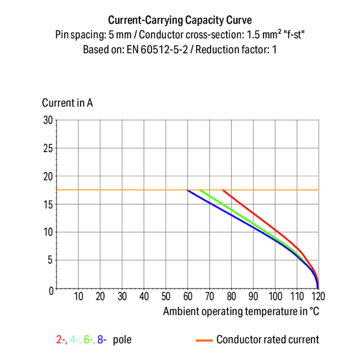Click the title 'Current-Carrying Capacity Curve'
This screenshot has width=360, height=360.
tap(180, 20)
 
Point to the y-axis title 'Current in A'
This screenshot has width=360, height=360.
tap(67, 103)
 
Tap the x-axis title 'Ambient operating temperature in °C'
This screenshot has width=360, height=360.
tap(240, 311)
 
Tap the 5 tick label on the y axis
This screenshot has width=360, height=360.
tap(49, 261)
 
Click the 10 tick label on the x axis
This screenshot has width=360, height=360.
tap(78, 297)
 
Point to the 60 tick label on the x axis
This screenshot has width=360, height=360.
tap(188, 297)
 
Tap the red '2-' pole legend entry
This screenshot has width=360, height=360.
tap(61, 340)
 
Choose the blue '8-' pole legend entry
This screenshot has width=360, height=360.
tap(102, 340)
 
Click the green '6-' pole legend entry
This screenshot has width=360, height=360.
tap(89, 340)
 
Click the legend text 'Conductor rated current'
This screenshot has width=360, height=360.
tap(267, 340)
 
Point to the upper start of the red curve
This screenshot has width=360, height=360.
tap(223, 190)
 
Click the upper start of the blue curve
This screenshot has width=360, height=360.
tap(188, 191)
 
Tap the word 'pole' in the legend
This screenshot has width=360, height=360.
tap(121, 340)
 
